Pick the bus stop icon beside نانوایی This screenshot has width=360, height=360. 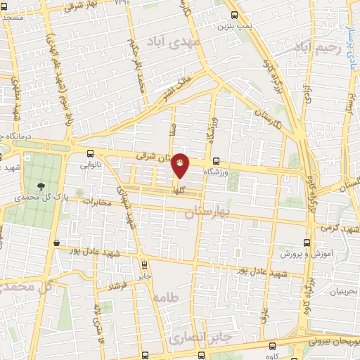coord(89,153)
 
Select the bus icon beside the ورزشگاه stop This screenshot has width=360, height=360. coord(216,160)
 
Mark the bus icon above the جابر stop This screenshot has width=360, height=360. coord(144,265)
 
